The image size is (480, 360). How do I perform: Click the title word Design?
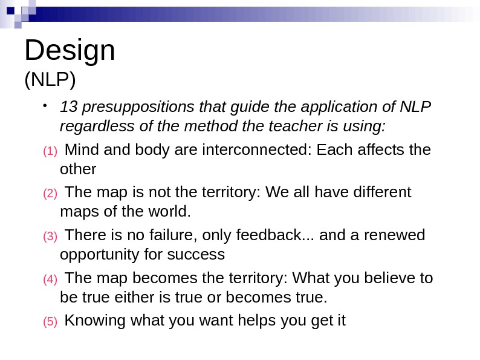[70, 51]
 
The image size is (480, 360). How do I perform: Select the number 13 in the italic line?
[68, 107]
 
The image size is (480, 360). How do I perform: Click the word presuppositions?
[124, 107]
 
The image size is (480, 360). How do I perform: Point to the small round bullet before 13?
[45, 106]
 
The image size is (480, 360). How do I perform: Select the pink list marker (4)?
[50, 280]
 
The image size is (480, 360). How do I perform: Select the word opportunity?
[99, 255]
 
